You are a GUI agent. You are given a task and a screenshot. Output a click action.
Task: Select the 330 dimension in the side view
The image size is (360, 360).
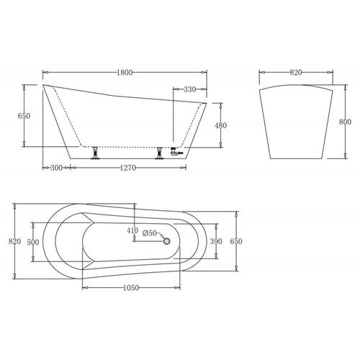[x=189, y=89]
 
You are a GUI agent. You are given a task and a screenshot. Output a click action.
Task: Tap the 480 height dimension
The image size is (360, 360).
[x=221, y=125]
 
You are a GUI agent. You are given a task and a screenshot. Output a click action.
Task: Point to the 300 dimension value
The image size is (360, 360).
[x=55, y=168]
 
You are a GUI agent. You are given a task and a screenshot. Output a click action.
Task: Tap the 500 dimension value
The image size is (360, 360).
[x=34, y=242]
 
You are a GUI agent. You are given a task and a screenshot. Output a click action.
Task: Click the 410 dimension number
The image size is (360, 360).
[x=132, y=231]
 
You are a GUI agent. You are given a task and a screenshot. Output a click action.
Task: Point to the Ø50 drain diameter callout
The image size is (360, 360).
[x=150, y=233]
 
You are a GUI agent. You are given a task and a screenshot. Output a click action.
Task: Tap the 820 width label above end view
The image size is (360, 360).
[x=296, y=72]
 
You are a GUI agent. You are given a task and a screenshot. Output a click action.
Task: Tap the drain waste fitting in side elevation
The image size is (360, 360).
[x=175, y=152]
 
